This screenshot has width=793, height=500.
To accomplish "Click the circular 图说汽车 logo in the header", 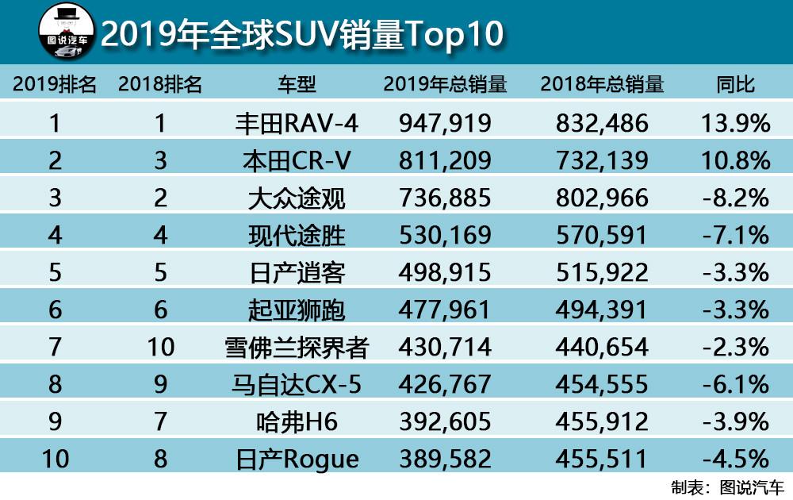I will (x=68, y=33).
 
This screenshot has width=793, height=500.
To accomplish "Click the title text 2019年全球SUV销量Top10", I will (x=302, y=34).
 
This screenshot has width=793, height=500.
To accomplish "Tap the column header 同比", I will (x=735, y=84).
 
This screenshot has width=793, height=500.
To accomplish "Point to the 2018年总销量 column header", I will (x=602, y=84).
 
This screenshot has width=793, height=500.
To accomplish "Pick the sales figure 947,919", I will (x=444, y=123).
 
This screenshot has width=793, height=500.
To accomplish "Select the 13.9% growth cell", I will (x=735, y=123).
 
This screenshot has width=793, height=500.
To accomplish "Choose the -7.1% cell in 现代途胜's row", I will (x=735, y=236).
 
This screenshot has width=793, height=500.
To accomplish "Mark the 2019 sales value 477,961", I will (x=444, y=310).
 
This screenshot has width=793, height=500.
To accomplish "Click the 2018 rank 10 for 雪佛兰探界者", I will (x=161, y=348).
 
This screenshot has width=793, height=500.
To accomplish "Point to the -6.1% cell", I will (x=735, y=385).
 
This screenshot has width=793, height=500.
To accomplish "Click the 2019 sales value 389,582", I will (x=444, y=460).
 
